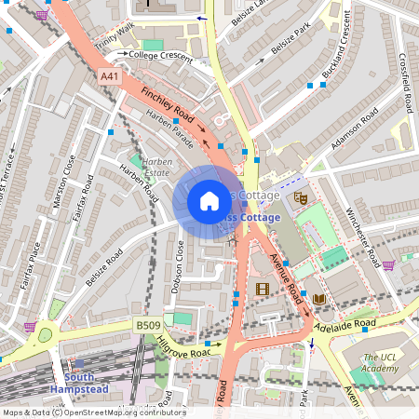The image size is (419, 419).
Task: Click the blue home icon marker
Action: (210, 200)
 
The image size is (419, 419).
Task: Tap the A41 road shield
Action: (110, 76)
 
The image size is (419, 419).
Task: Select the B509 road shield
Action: (147, 325)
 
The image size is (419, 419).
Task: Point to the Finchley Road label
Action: (173, 108)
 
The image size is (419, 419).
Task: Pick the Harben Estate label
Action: (144, 168)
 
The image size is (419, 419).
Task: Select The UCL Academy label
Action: (381, 363)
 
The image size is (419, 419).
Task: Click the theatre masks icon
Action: (301, 197)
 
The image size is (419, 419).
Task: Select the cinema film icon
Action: (263, 289)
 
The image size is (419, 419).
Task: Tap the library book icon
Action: (319, 298)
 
